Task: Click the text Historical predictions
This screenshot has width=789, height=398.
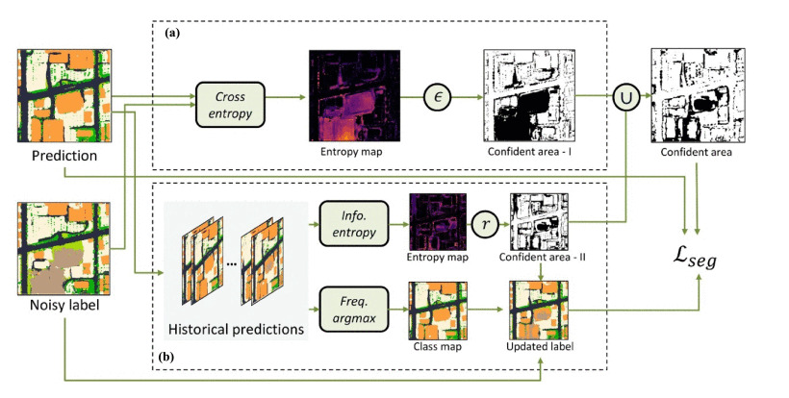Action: [236, 330]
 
